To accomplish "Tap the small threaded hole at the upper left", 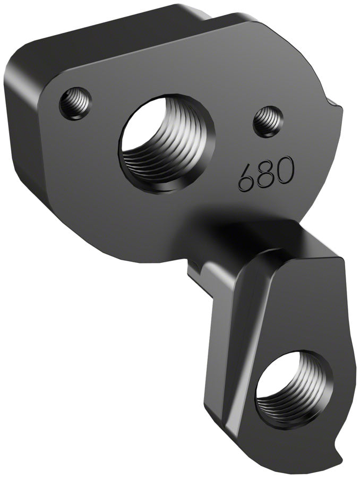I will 75,103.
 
